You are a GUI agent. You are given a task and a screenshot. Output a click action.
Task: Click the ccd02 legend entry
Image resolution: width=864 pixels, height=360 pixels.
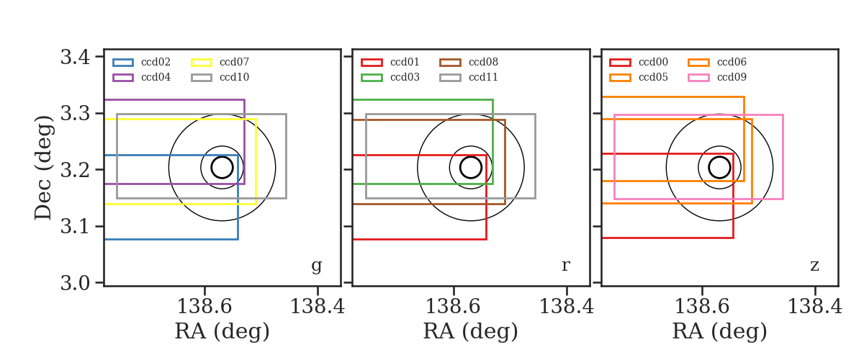coord(142,62)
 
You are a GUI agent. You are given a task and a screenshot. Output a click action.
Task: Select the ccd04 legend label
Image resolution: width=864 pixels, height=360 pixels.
coord(156,77)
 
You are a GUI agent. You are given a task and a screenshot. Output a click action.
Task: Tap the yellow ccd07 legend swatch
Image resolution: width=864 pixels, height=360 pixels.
coord(202,63)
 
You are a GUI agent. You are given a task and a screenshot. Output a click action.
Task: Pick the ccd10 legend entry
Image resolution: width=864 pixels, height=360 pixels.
coord(220,77)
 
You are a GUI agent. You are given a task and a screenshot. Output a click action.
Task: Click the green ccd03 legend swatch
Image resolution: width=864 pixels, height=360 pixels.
coord(372,78)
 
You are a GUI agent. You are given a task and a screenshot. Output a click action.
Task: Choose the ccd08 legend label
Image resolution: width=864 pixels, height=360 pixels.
coord(483,62)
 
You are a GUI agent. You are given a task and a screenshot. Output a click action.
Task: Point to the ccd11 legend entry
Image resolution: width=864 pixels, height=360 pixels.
coord(469,77)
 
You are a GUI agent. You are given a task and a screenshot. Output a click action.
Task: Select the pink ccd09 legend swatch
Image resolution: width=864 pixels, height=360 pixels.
coord(698,78)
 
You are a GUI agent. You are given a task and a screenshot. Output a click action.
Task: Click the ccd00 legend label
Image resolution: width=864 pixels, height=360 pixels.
coord(654,62)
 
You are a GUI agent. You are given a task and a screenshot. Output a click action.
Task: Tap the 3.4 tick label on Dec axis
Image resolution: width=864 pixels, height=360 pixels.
coord(75,58)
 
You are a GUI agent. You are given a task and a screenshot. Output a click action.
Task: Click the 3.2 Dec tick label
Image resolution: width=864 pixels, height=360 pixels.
coord(75,170)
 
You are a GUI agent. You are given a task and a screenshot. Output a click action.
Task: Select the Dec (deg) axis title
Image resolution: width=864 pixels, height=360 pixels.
coord(43,168)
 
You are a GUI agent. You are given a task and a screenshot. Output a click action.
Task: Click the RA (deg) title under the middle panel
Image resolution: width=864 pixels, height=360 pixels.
coord(471,331)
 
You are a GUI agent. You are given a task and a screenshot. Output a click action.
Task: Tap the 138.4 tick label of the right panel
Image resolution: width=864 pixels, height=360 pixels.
coord(814,307)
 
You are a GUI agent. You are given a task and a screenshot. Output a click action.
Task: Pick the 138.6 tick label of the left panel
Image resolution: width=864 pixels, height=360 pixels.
coord(204,307)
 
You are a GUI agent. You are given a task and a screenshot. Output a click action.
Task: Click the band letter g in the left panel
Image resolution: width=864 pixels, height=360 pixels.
coord(316,266)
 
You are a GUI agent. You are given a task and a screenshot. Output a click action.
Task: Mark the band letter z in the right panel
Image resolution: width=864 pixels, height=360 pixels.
coord(814,266)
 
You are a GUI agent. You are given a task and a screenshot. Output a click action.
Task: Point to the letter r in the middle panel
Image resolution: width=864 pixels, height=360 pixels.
coord(565,266)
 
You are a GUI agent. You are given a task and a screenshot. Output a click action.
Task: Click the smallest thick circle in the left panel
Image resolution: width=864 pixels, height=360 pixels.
coord(222,157)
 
